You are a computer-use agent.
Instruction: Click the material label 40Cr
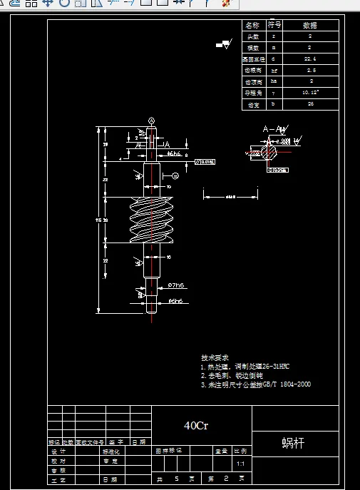(196, 426)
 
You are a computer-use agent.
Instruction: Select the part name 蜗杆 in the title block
(293, 443)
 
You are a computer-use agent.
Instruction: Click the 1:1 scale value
(240, 463)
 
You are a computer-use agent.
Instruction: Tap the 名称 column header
(253, 25)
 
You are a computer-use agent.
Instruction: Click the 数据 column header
(310, 25)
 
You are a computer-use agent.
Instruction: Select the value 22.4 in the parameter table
(309, 59)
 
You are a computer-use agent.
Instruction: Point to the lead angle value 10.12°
(310, 93)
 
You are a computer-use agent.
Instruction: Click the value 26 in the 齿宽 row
(310, 104)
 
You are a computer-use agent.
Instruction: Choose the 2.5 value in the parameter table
(310, 71)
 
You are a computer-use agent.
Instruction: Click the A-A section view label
(274, 129)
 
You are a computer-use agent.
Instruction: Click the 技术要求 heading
(215, 357)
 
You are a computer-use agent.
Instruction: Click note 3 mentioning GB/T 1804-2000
(255, 384)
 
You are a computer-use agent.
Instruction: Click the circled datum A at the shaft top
(151, 120)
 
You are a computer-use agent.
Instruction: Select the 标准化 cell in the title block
(112, 451)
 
